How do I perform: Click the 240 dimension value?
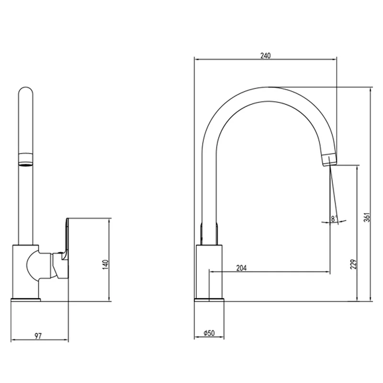tap(266, 56)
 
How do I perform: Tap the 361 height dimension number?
tap(367, 217)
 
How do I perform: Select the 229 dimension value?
tap(353, 264)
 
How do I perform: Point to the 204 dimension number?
tap(241, 268)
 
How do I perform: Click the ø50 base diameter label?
tap(209, 333)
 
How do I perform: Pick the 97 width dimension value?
tap(38, 336)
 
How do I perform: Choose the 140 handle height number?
tap(105, 265)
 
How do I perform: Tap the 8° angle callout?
tap(334, 219)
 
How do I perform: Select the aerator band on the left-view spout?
tap(26, 159)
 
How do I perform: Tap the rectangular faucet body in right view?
tap(209, 271)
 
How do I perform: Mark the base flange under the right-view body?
tap(209, 300)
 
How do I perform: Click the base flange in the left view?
tap(26, 300)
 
